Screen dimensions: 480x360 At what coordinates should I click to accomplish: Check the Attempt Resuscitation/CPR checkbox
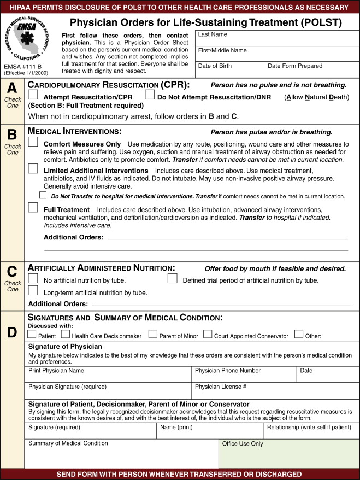pyautogui.click(x=33, y=95)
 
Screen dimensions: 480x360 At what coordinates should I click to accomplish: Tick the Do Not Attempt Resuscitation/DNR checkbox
pyautogui.click(x=150, y=95)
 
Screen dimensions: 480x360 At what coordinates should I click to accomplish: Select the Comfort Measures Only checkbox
pyautogui.click(x=33, y=142)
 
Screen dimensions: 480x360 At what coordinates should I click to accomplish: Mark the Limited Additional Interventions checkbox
pyautogui.click(x=33, y=169)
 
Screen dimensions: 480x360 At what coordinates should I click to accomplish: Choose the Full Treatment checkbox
pyautogui.click(x=33, y=208)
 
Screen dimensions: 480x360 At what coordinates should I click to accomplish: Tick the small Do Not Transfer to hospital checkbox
pyautogui.click(x=43, y=195)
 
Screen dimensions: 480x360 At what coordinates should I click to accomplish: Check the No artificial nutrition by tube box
pyautogui.click(x=33, y=279)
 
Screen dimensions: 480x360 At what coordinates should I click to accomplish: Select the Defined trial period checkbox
pyautogui.click(x=172, y=279)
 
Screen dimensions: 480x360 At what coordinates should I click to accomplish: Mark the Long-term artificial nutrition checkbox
pyautogui.click(x=33, y=291)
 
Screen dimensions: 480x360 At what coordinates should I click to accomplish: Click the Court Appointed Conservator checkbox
pyautogui.click(x=208, y=334)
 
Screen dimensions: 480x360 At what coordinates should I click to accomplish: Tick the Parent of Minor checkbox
pyautogui.click(x=152, y=334)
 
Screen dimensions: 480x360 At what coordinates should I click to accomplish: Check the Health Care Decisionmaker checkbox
pyautogui.click(x=65, y=334)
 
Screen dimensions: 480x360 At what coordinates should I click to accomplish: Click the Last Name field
pyautogui.click(x=277, y=38)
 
